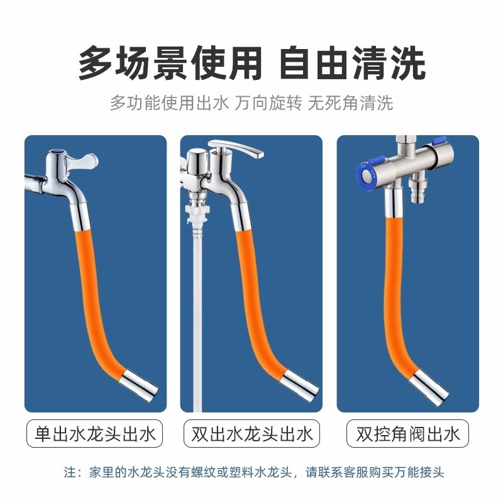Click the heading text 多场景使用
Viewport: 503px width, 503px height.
pyautogui.click(x=170, y=63)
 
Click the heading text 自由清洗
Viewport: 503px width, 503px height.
pyautogui.click(x=353, y=63)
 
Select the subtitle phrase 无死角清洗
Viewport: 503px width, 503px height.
pyautogui.click(x=350, y=102)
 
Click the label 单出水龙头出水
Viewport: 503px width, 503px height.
pyautogui.click(x=95, y=434)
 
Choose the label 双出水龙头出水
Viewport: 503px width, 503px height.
pyautogui.click(x=251, y=434)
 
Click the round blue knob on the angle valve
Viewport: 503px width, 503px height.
pyautogui.click(x=367, y=174)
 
